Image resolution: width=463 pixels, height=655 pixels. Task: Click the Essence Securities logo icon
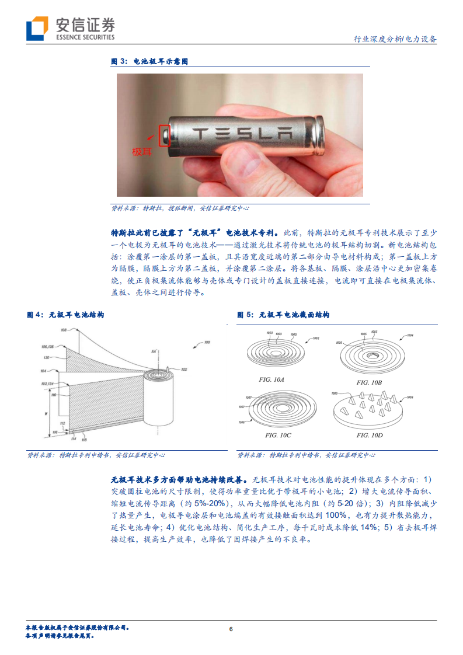click(37, 28)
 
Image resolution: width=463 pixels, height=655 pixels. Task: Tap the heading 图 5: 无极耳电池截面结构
click(283, 315)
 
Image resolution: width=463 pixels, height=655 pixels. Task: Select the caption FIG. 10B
click(370, 382)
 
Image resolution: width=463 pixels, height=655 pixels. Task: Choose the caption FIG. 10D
click(370, 435)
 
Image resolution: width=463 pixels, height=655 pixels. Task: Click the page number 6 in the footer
click(231, 629)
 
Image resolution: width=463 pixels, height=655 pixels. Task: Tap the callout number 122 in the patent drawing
click(184, 370)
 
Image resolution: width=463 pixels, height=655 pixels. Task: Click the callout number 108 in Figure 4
click(64, 330)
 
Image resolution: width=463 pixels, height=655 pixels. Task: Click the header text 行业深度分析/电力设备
click(395, 39)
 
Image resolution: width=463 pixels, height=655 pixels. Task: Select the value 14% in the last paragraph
click(367, 528)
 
